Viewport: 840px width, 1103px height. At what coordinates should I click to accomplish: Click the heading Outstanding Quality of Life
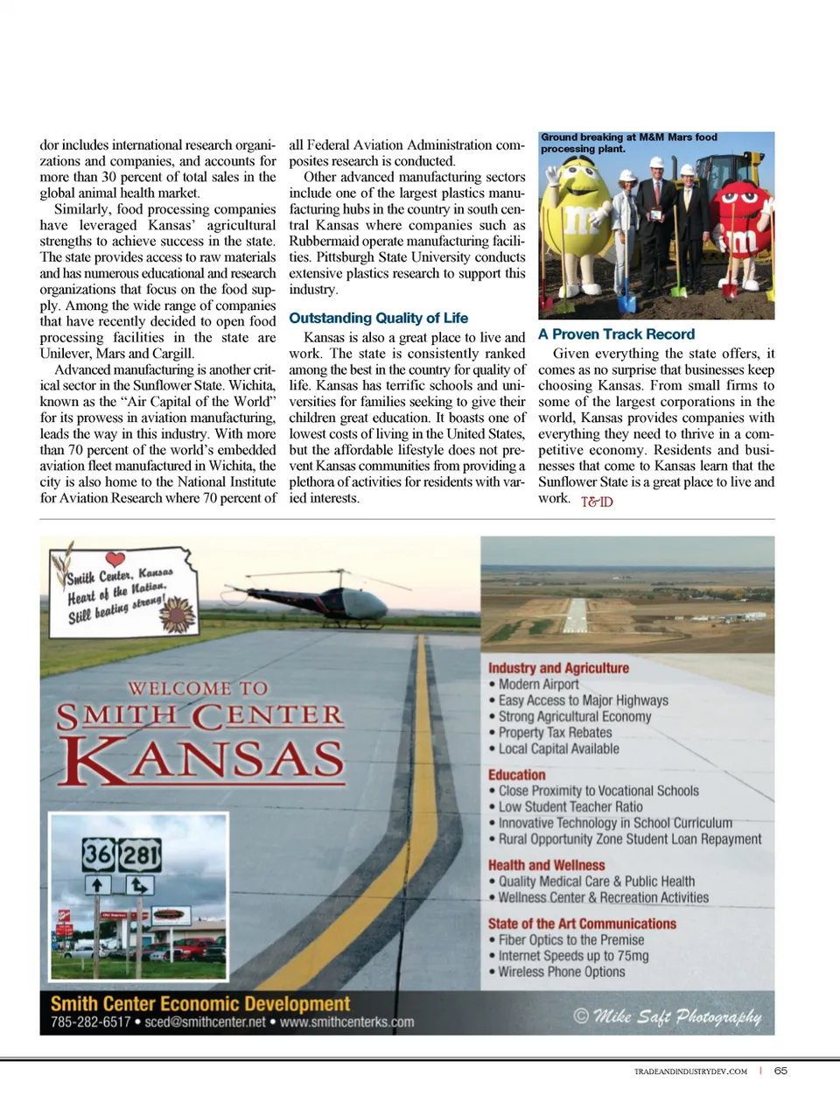[378, 318]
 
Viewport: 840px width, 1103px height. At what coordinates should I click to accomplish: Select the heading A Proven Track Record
[616, 334]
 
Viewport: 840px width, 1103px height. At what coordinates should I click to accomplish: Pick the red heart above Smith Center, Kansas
[115, 559]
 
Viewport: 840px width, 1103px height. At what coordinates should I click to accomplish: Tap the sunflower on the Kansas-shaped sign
[178, 614]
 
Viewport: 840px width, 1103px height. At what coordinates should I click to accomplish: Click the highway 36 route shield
[98, 854]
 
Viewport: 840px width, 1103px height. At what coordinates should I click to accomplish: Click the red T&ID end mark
[597, 502]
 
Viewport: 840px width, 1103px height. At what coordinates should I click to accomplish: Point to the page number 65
[780, 1071]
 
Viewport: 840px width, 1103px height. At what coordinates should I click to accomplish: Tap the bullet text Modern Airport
[538, 685]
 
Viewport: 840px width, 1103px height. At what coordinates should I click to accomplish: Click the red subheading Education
[516, 775]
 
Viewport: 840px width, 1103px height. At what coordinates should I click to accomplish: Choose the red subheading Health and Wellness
[546, 865]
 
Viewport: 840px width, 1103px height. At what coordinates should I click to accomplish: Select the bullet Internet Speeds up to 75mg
[573, 956]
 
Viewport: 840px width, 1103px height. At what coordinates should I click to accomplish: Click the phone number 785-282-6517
[90, 1022]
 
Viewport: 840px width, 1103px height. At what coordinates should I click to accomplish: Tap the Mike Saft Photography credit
[668, 1015]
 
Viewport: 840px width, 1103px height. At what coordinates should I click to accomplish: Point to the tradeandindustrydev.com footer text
[690, 1071]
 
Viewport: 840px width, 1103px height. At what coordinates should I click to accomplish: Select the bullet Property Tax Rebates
[555, 733]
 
